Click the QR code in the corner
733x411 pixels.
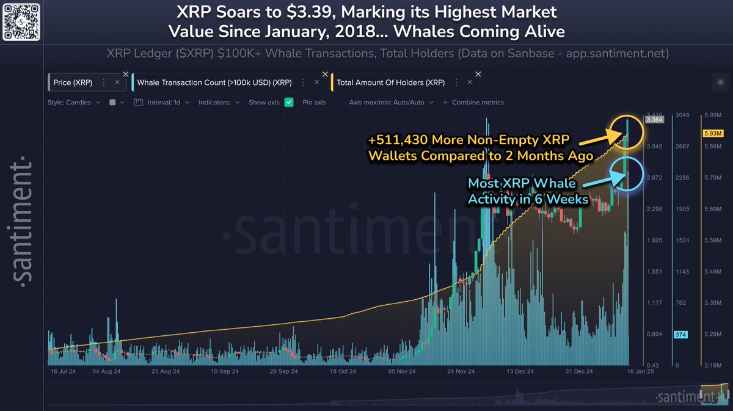click(21, 21)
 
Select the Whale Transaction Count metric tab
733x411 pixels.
click(214, 82)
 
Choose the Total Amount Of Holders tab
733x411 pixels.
click(392, 82)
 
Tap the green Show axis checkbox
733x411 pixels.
click(290, 103)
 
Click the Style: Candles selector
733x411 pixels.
click(74, 103)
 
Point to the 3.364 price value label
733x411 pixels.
click(655, 120)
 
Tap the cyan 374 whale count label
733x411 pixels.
click(680, 334)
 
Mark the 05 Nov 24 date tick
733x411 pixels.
click(403, 371)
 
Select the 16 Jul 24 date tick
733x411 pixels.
click(63, 371)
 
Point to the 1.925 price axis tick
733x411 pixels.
click(655, 241)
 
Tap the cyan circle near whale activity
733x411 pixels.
click(629, 174)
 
